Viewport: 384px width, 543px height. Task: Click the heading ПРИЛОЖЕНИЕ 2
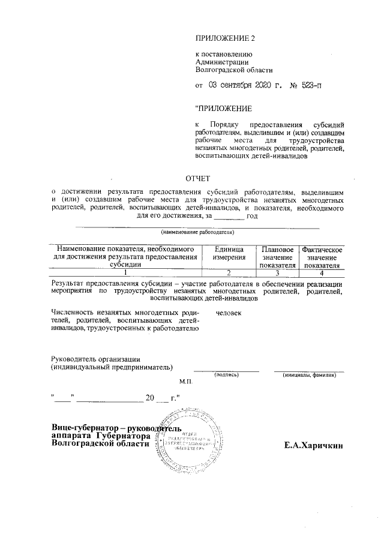pyautogui.click(x=225, y=39)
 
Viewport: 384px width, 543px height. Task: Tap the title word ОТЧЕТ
pyautogui.click(x=197, y=178)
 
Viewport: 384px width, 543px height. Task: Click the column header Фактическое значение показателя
pyautogui.click(x=322, y=257)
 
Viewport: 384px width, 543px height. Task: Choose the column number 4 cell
pyautogui.click(x=322, y=272)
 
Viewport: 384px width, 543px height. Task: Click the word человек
pyautogui.click(x=228, y=313)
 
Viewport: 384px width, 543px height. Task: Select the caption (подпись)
pyautogui.click(x=226, y=374)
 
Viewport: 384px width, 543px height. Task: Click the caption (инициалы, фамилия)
pyautogui.click(x=308, y=374)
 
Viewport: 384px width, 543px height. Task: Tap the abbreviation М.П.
pyautogui.click(x=184, y=382)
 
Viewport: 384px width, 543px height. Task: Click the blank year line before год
pyautogui.click(x=229, y=216)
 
